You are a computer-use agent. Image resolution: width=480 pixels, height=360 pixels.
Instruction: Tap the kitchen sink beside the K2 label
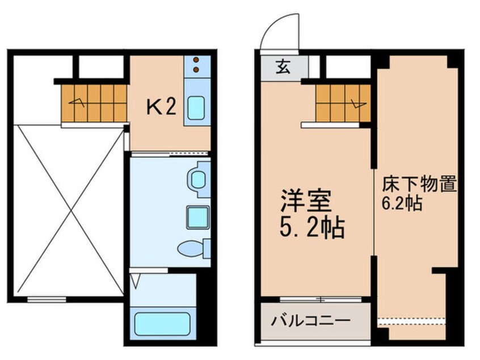point(196,108)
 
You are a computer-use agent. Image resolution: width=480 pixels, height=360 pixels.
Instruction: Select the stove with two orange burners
point(196,65)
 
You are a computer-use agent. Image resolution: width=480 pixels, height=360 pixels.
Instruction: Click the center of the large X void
point(69,210)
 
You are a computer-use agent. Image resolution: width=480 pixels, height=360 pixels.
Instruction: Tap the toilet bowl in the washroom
point(188,249)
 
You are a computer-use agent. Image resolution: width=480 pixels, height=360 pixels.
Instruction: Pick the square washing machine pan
point(196,216)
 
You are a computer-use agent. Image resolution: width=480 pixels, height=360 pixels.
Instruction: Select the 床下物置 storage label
point(419,185)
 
